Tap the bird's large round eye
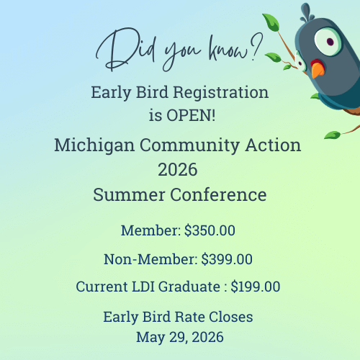[330, 41]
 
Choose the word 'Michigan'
[90, 145]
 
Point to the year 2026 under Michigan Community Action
[177, 170]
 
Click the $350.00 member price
[210, 232]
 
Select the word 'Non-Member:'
[150, 259]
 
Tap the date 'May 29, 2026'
[179, 336]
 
